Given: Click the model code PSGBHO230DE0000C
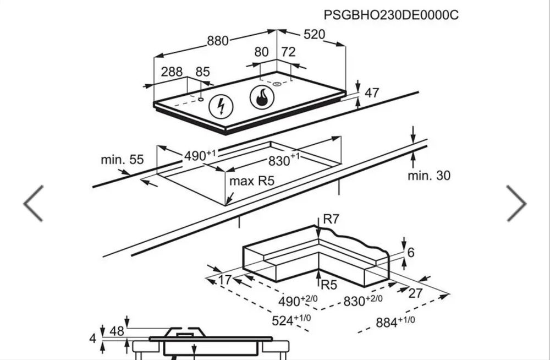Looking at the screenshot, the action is click(x=391, y=15).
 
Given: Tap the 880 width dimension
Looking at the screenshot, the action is click(x=217, y=41).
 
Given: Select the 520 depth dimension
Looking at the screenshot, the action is click(x=314, y=35).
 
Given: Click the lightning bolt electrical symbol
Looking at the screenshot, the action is click(x=221, y=106).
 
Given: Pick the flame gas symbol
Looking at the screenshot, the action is click(x=262, y=97).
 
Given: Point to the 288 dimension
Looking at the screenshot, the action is click(x=172, y=72).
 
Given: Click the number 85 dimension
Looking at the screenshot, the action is click(x=202, y=72).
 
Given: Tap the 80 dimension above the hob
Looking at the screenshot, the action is click(x=261, y=52).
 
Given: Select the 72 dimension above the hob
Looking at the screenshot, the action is click(x=288, y=52).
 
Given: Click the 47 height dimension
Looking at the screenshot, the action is click(x=372, y=93).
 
